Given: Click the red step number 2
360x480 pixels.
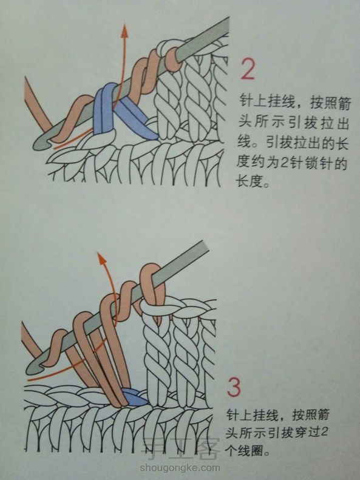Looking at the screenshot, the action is coord(248,69).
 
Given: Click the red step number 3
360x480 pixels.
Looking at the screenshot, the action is coord(234,387).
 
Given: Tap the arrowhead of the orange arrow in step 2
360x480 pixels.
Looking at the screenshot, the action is coord(124,30).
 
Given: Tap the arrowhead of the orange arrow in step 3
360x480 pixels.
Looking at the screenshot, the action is coord(101,259).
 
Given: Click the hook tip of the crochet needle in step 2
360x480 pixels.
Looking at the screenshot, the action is coord(38,144).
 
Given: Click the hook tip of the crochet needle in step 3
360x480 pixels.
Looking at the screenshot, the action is coord(31,368).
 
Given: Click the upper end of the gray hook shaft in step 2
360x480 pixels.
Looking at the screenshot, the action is coord(226,23).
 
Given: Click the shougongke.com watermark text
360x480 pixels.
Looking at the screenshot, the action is coord(180,468).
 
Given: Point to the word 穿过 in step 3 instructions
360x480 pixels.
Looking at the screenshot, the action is coord(306,432).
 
